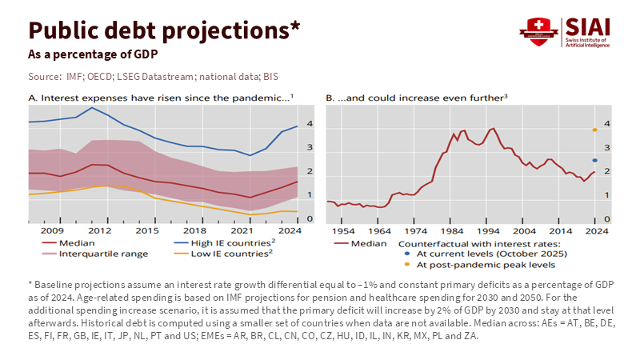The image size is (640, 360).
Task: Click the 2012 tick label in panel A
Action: click(99, 230)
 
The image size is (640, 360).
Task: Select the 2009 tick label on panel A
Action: click(52, 230)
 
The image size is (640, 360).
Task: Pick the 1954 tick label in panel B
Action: click(343, 230)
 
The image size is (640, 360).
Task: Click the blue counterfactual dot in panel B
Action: click(595, 161)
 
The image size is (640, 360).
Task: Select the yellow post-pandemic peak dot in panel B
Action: click(595, 130)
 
